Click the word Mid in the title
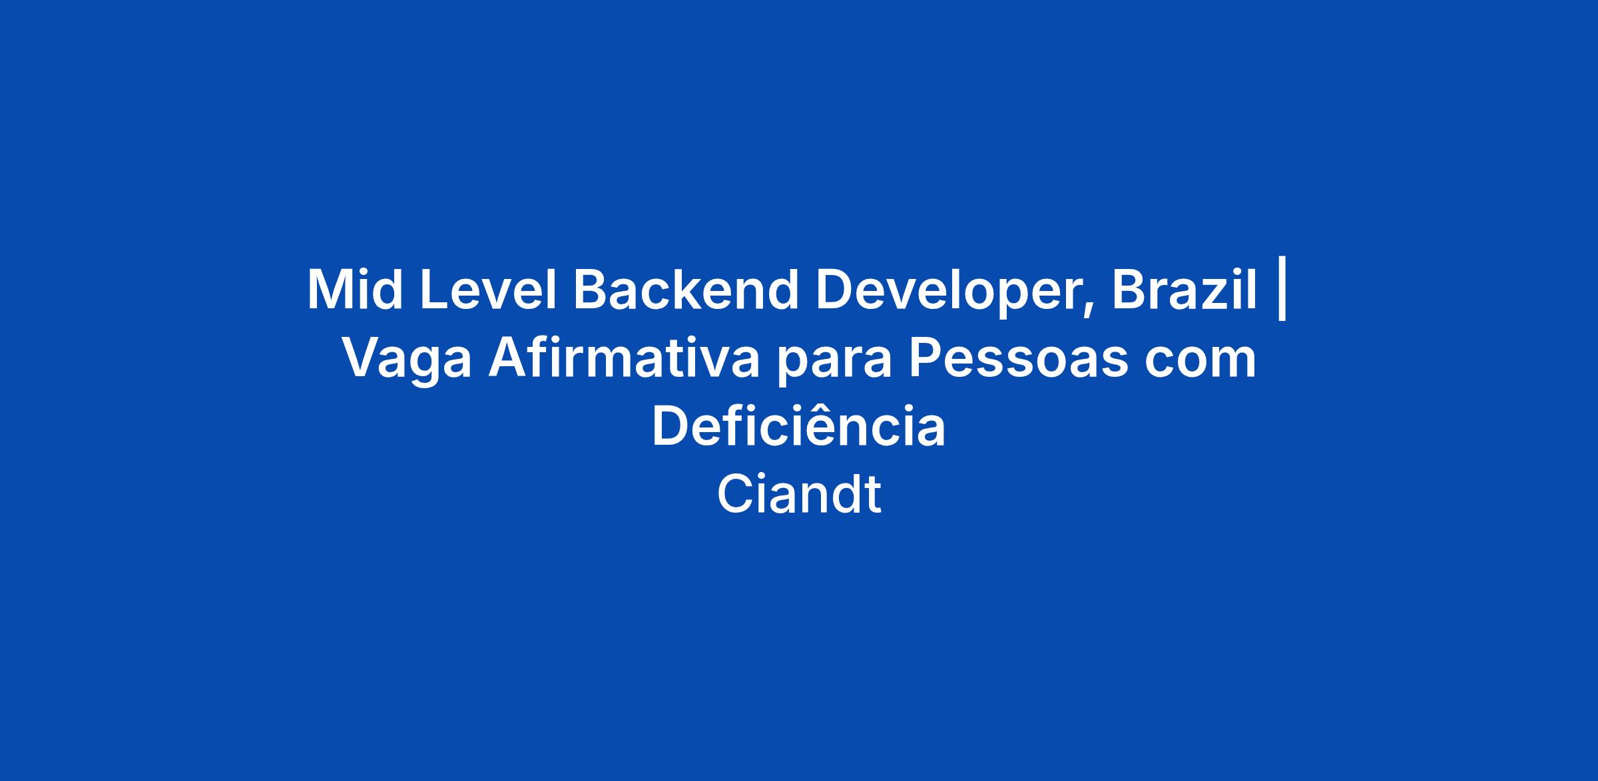coord(355,290)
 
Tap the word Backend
coord(686,290)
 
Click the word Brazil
coord(1185,290)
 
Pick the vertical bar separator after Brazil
coord(1282,294)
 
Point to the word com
coord(1201,364)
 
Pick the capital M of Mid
coord(331,290)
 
